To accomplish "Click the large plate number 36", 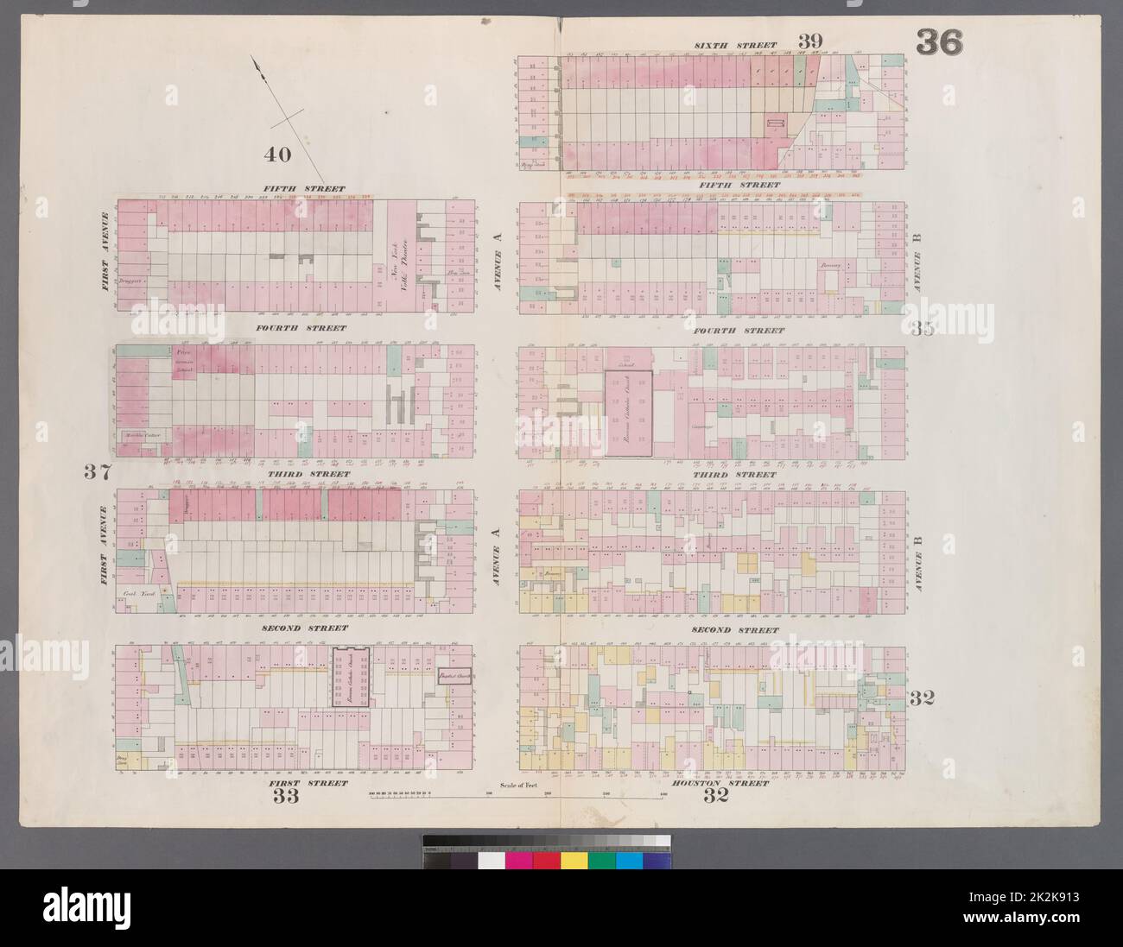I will point(939,42).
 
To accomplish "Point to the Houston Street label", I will point(731,783).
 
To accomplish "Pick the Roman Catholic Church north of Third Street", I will point(628,414).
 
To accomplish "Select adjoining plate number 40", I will point(277,155).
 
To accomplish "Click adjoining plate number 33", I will point(287,796).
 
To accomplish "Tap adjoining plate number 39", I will point(810,41).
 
